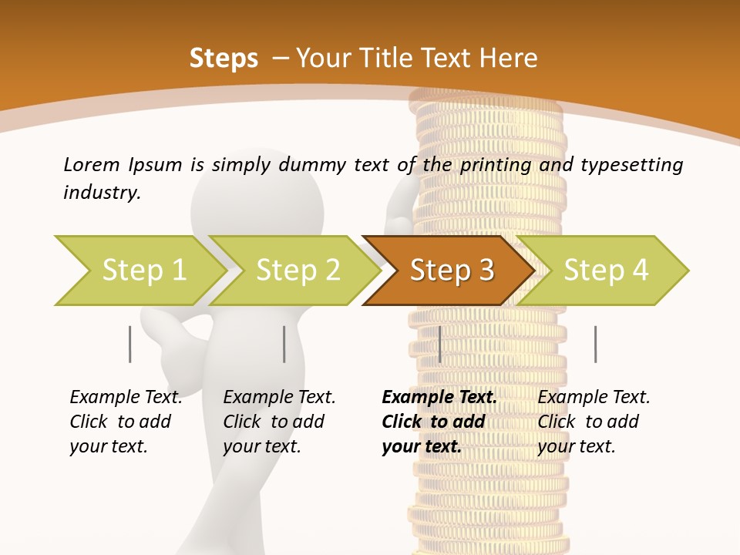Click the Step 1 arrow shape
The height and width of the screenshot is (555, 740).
[139, 271]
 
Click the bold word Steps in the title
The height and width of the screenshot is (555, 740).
[224, 59]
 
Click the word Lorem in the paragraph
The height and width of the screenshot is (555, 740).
[92, 164]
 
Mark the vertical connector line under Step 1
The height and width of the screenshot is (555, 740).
[130, 344]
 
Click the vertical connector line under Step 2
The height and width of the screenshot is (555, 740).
[284, 344]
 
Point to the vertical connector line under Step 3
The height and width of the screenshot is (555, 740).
[439, 344]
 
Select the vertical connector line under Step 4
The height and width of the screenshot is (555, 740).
[595, 344]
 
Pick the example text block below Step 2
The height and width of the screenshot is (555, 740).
[280, 422]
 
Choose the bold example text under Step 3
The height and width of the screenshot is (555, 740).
[439, 422]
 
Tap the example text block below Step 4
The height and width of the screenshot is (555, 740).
[594, 422]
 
